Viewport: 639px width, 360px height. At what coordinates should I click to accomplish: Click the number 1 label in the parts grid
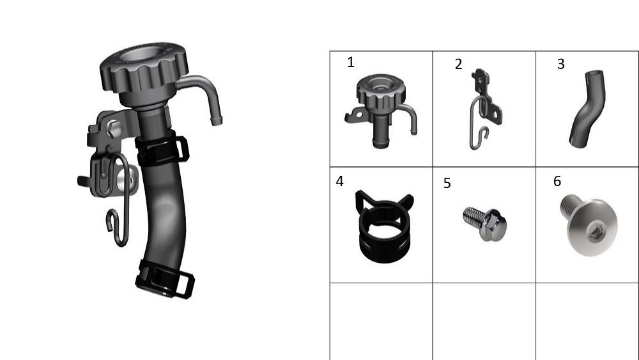[351, 63]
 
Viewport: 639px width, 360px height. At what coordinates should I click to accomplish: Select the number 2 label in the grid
[458, 65]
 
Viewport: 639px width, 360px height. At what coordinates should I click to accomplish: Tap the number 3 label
[561, 64]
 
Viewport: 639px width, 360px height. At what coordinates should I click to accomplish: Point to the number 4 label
[340, 182]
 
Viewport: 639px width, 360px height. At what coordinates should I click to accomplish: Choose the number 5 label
[447, 184]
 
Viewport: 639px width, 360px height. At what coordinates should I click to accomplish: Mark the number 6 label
[557, 182]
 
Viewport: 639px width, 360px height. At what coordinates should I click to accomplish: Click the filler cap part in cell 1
[381, 111]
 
